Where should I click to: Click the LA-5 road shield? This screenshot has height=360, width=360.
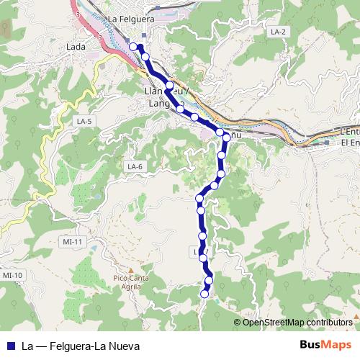(x=85, y=122)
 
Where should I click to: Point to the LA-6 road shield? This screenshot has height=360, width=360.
(x=135, y=167)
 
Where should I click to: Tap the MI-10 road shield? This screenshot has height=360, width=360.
(x=12, y=275)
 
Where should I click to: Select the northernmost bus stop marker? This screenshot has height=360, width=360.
(x=133, y=47)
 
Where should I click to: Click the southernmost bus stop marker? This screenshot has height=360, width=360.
(x=204, y=293)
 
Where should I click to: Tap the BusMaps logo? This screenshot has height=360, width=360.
(x=320, y=345)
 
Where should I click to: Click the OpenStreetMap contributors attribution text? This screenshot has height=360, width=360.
(x=296, y=322)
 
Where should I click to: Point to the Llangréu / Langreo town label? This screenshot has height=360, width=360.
(x=167, y=98)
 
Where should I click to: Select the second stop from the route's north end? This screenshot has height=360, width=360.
(x=145, y=57)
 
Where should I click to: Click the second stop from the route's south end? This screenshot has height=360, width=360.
(x=209, y=280)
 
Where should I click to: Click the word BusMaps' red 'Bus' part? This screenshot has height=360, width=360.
(x=310, y=345)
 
